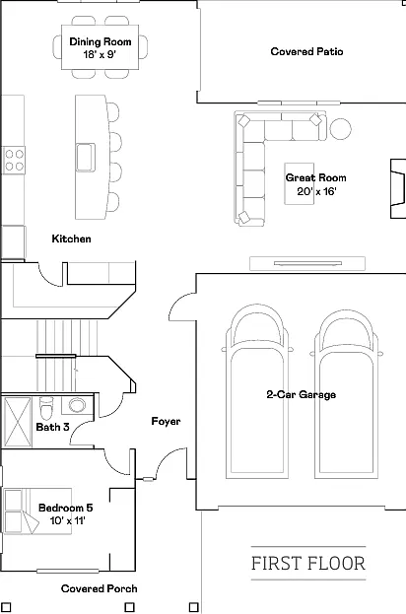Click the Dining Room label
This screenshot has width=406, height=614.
[101, 42]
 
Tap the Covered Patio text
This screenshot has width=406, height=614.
[306, 51]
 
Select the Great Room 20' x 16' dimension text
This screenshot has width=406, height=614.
[316, 191]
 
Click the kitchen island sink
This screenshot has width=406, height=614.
[86, 158]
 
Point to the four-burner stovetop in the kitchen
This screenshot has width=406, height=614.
[14, 161]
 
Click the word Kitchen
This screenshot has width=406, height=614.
[71, 239]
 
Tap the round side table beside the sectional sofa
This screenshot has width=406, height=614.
[340, 129]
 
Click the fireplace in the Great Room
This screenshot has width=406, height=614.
[398, 188]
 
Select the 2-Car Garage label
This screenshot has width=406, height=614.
[302, 394]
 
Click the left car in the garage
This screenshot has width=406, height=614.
[257, 391]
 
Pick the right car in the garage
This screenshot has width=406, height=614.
[347, 394]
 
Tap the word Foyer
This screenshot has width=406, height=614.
[166, 422]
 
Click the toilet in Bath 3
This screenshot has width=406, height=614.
[46, 408]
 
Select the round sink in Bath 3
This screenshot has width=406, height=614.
[77, 405]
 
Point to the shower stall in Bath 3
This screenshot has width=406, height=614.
[17, 422]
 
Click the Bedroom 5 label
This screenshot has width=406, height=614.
[66, 508]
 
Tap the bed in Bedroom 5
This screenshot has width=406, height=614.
[37, 512]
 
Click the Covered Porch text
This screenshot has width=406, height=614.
[100, 588]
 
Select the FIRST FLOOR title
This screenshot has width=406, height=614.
[308, 564]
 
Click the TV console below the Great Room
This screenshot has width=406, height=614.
[307, 263]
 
